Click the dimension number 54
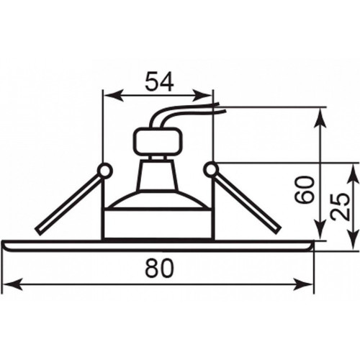[x=159, y=82]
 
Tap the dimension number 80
[x=159, y=268]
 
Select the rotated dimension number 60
[x=305, y=190]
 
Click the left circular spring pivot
[x=105, y=171]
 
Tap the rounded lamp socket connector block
[x=158, y=141]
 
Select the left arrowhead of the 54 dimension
[x=113, y=96]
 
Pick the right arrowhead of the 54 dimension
[x=203, y=96]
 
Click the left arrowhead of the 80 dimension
[x=12, y=284]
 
